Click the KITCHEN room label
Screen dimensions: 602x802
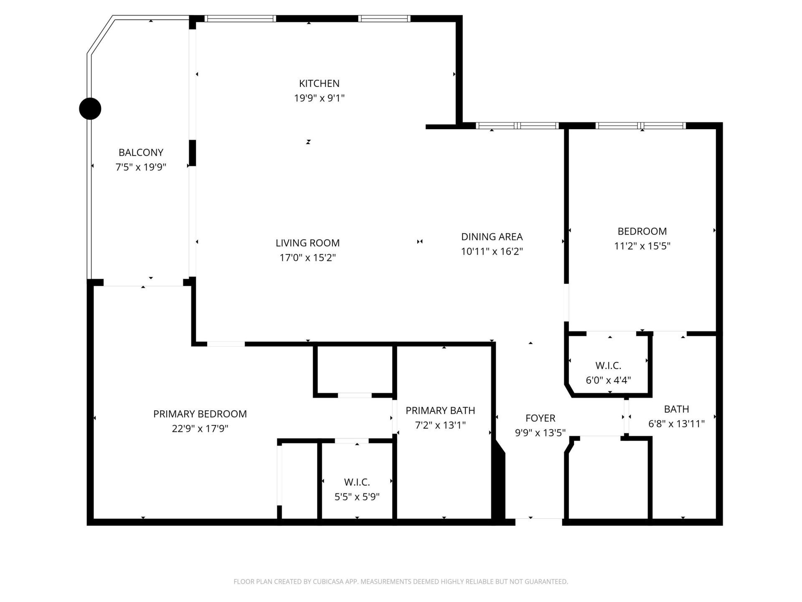319,83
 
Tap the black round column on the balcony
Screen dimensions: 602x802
90,109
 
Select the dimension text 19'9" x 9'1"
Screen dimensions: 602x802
319,98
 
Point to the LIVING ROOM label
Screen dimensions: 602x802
307,243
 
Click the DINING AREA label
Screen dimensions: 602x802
492,237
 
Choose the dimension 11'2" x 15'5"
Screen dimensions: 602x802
642,246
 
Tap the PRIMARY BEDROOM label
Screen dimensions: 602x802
200,414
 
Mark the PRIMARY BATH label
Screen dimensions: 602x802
440,411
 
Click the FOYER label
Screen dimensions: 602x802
540,418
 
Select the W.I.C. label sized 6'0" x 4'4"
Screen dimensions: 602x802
608,365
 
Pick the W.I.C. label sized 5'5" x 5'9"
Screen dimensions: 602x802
357,482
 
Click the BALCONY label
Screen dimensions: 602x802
141,152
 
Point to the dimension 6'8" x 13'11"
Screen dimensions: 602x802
676,424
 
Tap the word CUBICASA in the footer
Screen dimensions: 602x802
333,582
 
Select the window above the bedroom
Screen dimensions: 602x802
641,125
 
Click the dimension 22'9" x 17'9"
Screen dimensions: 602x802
200,429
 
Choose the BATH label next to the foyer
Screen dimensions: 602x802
676,409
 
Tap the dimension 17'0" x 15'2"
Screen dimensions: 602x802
307,258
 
